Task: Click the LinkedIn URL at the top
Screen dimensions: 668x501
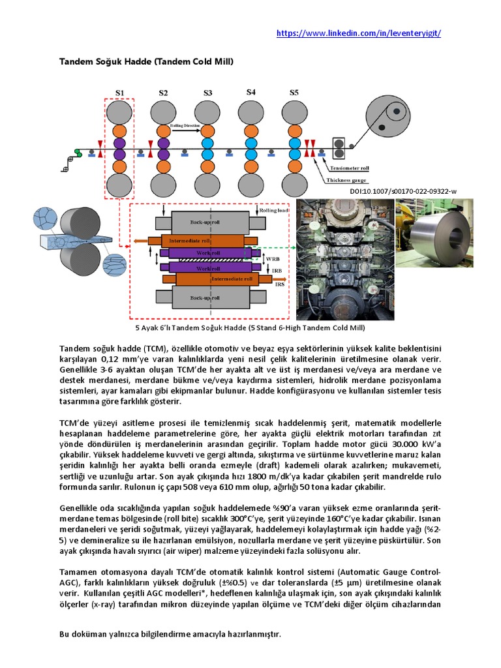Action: tap(363, 33)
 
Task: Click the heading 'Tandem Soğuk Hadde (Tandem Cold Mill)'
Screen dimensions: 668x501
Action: tap(147, 61)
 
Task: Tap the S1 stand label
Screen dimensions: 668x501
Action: tap(120, 93)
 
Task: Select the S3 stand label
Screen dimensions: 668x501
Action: tap(207, 93)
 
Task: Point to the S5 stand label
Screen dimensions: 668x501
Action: tap(294, 93)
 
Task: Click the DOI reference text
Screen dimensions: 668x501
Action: tap(412, 191)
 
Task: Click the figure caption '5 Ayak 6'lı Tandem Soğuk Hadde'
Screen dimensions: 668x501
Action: tap(250, 328)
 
